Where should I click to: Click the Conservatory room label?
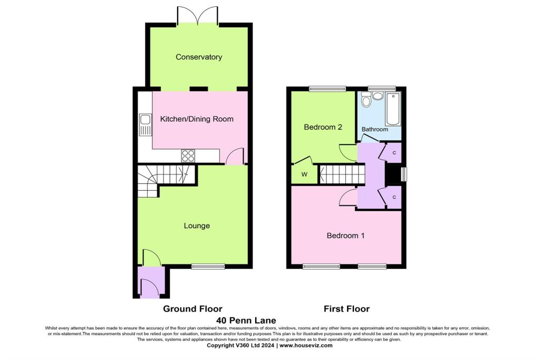coord(199,57)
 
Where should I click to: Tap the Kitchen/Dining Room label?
coord(197,119)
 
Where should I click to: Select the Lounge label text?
coord(197,226)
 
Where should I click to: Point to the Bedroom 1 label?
coord(345,236)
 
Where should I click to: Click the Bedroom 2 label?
coord(323,127)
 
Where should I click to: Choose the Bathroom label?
coord(375,129)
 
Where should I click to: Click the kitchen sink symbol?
coord(145,124)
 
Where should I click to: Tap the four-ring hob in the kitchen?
coord(188,155)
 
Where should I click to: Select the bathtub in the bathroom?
coord(393,109)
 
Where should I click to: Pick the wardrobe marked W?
coord(304,174)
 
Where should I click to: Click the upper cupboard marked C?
coord(395,152)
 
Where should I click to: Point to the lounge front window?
coord(208,267)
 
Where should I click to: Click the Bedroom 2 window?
coord(327,89)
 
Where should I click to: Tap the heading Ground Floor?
coord(192,309)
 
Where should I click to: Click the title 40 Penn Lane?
coord(246,320)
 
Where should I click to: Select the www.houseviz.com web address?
coord(306,346)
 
